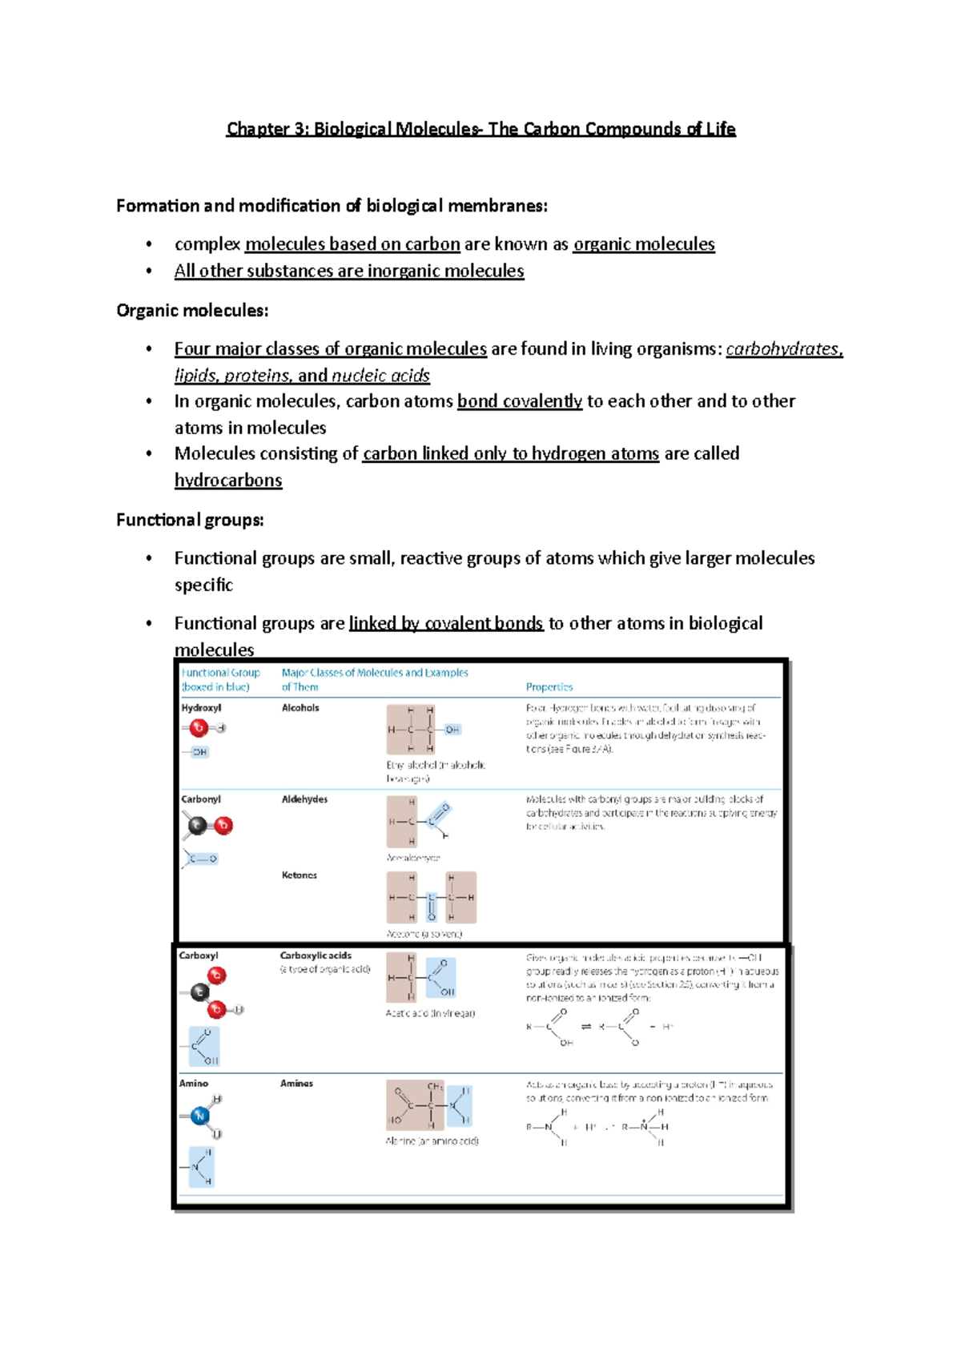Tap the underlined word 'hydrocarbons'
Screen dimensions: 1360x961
pos(228,481)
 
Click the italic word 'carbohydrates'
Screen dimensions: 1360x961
pos(783,349)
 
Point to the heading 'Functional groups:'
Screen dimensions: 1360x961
pos(190,521)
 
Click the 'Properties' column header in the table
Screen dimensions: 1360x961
pos(549,687)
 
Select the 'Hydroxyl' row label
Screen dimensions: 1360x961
pos(201,708)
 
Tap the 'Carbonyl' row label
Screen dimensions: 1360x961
pos(201,799)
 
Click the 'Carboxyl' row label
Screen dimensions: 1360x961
pos(199,956)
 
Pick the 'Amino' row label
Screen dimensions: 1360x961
pos(194,1084)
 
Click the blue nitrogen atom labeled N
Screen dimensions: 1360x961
pos(200,1116)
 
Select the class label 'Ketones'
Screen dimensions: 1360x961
pos(300,875)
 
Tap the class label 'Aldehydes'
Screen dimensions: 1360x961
pos(304,799)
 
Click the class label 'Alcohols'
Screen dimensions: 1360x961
pos(300,708)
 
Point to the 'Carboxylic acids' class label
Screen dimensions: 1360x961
pos(316,956)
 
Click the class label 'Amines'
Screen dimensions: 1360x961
pos(296,1084)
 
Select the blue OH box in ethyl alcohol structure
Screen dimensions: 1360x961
pos(452,730)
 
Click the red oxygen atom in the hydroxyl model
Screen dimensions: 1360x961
pos(199,728)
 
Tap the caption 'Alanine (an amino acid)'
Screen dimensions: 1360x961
pos(432,1141)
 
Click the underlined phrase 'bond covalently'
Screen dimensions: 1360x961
pos(520,401)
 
